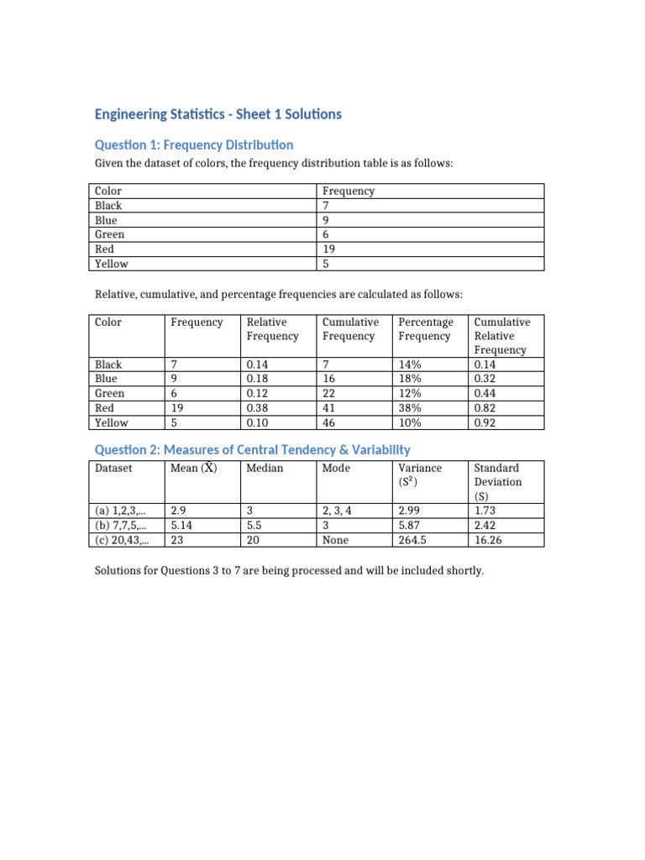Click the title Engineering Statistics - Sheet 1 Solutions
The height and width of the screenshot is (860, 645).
(x=218, y=114)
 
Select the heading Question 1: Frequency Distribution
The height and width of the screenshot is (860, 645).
(x=193, y=144)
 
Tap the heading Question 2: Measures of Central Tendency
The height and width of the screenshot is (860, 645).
(x=252, y=450)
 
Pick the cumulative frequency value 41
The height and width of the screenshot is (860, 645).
(x=329, y=408)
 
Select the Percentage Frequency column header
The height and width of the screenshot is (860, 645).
(x=425, y=329)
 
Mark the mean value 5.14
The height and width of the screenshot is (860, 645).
(x=182, y=524)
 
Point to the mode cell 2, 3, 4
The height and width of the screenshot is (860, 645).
(x=342, y=510)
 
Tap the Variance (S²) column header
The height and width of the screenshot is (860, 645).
(x=419, y=475)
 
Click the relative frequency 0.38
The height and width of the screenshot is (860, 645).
(x=257, y=408)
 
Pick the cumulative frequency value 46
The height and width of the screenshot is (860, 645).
(x=329, y=422)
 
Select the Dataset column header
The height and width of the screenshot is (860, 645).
(x=113, y=468)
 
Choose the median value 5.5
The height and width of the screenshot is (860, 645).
(x=255, y=524)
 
